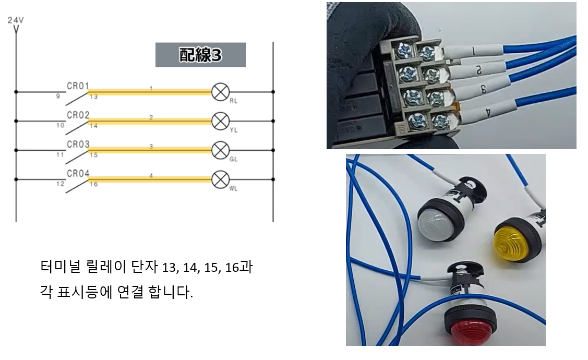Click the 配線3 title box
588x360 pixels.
click(200, 55)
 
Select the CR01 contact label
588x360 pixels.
click(78, 86)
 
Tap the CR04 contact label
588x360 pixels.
click(78, 173)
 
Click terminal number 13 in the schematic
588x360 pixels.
click(93, 97)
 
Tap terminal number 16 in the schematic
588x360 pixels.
click(93, 184)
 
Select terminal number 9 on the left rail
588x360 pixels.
click(58, 96)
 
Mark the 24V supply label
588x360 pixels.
click(16, 20)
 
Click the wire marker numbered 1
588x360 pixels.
click(473, 52)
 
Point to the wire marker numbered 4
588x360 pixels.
click(486, 112)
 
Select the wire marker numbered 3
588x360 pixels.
click(483, 89)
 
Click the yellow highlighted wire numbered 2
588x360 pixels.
click(151, 121)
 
